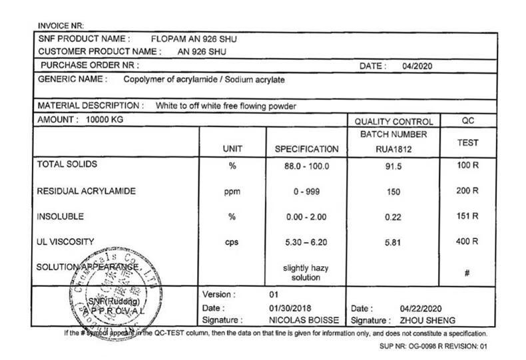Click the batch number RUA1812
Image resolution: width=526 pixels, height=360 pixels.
391,150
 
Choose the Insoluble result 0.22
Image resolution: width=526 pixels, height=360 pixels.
391,217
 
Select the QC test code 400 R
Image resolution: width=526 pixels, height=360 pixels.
467,242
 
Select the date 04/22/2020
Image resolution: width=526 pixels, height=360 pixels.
421,309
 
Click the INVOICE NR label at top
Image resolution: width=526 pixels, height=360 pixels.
59,26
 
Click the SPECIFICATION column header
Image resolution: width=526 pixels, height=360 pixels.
307,150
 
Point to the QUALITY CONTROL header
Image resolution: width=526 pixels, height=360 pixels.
394,122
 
